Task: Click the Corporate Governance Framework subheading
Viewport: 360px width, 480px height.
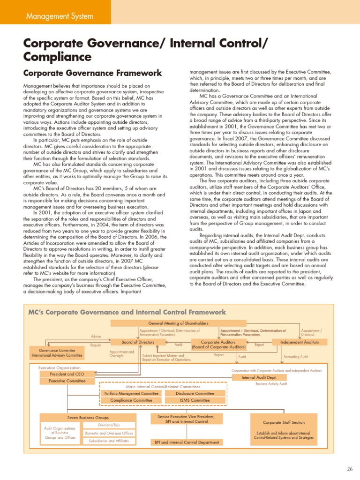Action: point(92,73)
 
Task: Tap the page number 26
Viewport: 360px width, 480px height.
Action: point(350,468)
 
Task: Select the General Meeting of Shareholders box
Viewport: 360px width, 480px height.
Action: point(178,323)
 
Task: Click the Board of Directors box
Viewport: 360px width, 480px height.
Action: point(138,342)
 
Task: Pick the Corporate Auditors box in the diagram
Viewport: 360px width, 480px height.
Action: point(218,345)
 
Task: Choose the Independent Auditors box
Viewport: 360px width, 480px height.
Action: point(299,342)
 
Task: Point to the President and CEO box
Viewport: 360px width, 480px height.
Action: point(67,374)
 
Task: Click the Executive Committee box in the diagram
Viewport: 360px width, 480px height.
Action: point(67,381)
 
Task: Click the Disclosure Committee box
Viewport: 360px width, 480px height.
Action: point(195,394)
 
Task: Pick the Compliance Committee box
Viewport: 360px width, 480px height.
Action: point(131,401)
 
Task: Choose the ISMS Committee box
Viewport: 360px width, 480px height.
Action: point(195,401)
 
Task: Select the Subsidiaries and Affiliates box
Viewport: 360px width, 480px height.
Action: point(109,441)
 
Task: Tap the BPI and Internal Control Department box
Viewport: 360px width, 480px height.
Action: point(187,442)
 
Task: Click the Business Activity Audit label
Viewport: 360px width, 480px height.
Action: point(271,384)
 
